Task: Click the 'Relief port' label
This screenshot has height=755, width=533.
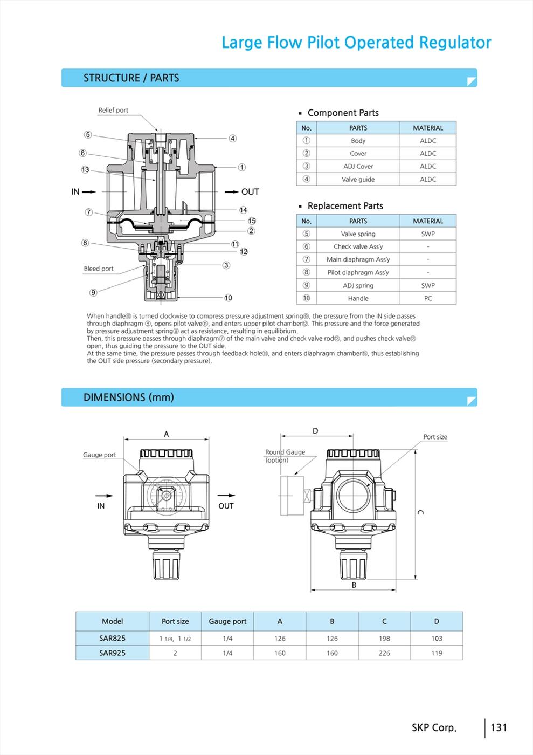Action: coord(113,110)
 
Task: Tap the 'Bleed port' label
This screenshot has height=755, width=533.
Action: coord(99,269)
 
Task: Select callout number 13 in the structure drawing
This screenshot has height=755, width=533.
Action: coord(85,170)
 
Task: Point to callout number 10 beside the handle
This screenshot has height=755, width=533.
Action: coord(229,298)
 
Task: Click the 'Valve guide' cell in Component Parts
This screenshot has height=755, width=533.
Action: coord(358,179)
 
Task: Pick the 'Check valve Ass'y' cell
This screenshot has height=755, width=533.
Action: coord(358,246)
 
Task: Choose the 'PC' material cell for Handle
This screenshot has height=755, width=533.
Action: coord(428,298)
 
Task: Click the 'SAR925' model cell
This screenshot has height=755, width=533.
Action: coord(112,653)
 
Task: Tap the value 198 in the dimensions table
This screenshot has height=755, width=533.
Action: coord(384,639)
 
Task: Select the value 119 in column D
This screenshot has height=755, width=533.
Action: coord(437,653)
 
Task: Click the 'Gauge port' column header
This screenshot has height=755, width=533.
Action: coord(227,621)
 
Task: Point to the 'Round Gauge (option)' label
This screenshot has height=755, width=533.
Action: coord(285,456)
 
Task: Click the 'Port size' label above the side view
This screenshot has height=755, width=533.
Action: coord(435,437)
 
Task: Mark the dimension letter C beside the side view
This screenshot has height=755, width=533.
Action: coord(421,512)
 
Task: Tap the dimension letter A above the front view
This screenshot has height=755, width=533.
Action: coord(167,434)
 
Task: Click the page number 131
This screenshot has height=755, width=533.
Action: coord(499,727)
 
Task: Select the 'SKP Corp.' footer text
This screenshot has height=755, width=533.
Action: coord(434,727)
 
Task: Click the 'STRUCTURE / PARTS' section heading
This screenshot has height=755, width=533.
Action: coord(131,78)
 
